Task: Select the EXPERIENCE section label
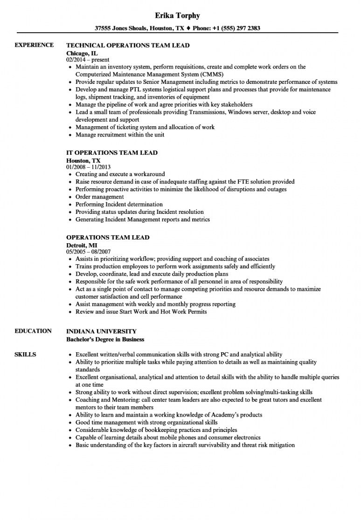(x=34, y=45)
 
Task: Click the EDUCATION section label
(x=33, y=331)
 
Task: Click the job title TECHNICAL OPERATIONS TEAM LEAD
(x=128, y=46)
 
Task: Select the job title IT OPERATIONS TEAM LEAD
(x=112, y=153)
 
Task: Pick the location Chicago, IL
(x=83, y=53)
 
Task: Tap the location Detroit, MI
(x=82, y=245)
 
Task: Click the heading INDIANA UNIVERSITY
(x=101, y=331)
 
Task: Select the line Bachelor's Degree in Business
(x=105, y=339)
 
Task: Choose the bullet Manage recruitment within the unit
(x=119, y=135)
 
